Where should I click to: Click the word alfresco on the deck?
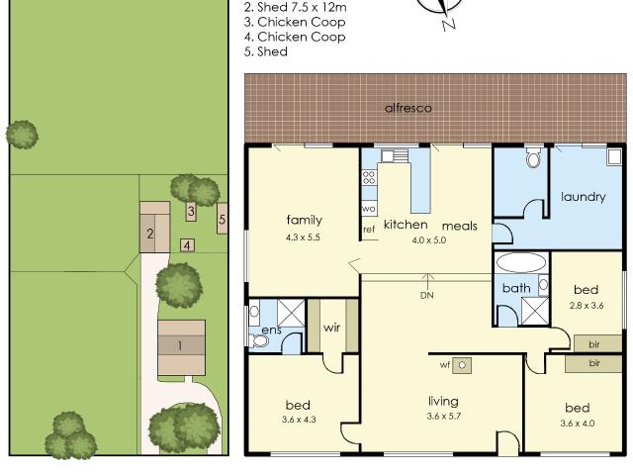coord(408,107)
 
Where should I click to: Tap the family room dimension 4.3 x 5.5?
coord(304,237)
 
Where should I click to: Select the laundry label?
coord(583,196)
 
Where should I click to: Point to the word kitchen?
coord(406,225)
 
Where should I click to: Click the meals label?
coord(459,226)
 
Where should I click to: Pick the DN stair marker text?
coord(426,295)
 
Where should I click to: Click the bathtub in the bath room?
coord(520,263)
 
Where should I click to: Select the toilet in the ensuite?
coord(259,340)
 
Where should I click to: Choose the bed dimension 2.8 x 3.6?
coord(587,306)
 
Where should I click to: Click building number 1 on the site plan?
coord(180,345)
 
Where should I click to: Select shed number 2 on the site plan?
coord(150,235)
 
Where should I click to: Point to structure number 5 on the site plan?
coord(223,219)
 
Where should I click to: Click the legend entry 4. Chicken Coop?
coord(301,37)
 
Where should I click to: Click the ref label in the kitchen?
coord(369,230)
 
